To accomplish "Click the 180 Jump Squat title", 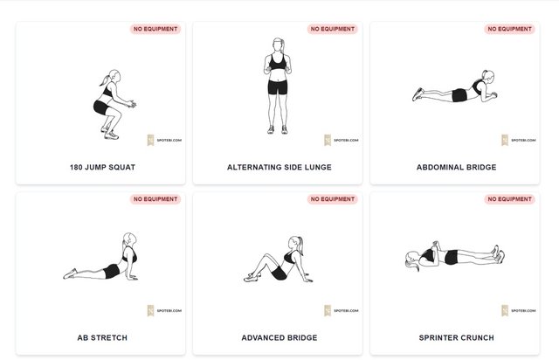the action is [x=102, y=167].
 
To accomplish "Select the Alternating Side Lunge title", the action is [x=279, y=167].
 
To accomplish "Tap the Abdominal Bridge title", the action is [x=456, y=167].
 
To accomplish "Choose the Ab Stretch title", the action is [x=102, y=337].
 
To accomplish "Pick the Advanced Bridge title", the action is [x=279, y=337].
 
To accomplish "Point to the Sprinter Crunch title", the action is [x=456, y=337].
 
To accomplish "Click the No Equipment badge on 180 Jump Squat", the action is [x=155, y=29].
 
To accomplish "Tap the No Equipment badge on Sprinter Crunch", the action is [x=509, y=199].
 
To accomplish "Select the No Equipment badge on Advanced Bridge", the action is [x=333, y=199].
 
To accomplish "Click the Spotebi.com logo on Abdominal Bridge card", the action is [x=518, y=140].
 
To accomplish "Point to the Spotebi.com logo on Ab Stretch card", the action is [x=164, y=310].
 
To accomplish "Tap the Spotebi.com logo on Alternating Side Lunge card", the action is [x=342, y=140].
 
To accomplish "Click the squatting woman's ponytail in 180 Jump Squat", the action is [x=105, y=81].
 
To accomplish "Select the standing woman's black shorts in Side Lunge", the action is [x=278, y=87].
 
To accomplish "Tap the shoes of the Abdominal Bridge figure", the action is [x=418, y=94].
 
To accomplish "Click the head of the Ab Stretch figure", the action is [x=130, y=239].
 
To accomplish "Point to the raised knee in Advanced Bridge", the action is [x=266, y=256].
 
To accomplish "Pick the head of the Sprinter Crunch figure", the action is [x=412, y=259].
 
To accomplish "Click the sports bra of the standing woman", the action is [x=278, y=62].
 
